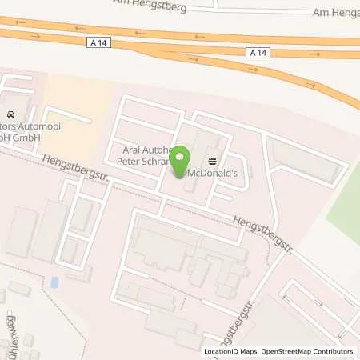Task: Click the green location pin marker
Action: click(x=181, y=158)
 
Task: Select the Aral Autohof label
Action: click(x=141, y=149)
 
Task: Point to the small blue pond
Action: click(x=53, y=282)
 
